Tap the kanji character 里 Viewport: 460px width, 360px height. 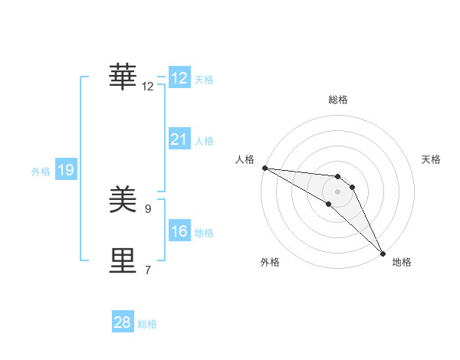click(x=123, y=261)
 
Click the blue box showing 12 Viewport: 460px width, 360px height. click(x=179, y=78)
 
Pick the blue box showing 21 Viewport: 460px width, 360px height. click(x=179, y=139)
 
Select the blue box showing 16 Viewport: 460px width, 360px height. click(x=179, y=231)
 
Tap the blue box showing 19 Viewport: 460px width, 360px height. click(x=66, y=171)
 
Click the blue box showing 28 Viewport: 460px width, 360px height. click(x=123, y=322)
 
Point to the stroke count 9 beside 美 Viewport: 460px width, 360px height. click(x=148, y=208)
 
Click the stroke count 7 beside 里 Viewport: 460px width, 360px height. click(x=148, y=270)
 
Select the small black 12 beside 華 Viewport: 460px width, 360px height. click(x=148, y=86)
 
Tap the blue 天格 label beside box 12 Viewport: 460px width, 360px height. click(x=204, y=79)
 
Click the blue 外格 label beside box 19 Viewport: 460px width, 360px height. click(x=41, y=172)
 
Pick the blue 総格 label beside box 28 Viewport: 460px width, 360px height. click(x=147, y=323)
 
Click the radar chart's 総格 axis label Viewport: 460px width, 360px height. click(x=338, y=100)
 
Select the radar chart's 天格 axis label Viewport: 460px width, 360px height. click(x=432, y=159)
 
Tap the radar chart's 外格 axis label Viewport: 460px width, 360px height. click(x=270, y=263)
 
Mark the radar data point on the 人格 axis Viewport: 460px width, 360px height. click(x=264, y=168)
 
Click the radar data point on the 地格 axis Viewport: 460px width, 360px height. click(x=383, y=253)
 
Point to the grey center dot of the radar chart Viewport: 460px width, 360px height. click(x=338, y=191)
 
